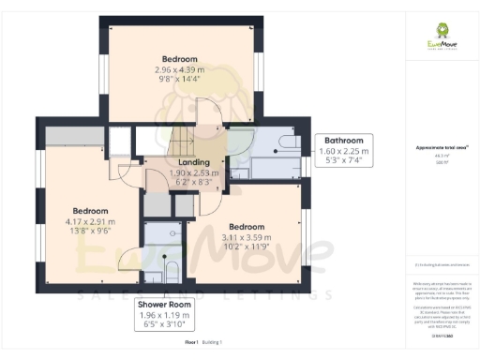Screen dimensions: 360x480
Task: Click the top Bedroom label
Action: pos(177,57)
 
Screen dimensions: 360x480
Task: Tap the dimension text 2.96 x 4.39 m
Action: pos(177,68)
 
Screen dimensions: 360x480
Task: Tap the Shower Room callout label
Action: pos(165,305)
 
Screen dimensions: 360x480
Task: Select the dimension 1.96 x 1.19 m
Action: pos(165,315)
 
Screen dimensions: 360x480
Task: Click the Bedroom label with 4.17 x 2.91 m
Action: pos(91,211)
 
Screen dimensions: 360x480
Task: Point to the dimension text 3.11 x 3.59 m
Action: pos(247,238)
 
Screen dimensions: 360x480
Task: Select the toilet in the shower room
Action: pos(172,272)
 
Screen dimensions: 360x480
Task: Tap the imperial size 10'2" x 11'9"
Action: pos(247,248)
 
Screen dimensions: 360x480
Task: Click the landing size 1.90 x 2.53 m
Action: pos(194,173)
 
